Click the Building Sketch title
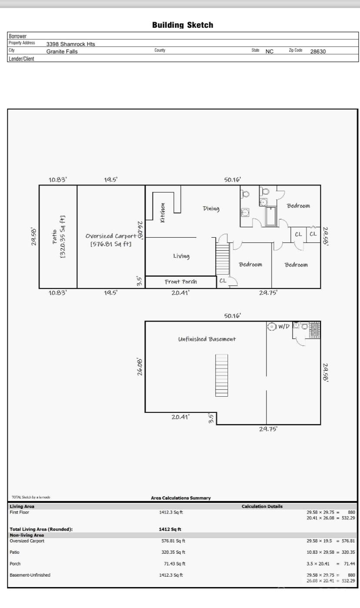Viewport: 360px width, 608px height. (183, 25)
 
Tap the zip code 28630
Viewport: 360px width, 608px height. (318, 51)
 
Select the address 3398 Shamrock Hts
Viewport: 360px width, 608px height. (70, 44)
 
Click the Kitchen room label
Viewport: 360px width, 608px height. (163, 213)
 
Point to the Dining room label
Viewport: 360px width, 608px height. (211, 209)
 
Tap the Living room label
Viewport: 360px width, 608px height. (181, 256)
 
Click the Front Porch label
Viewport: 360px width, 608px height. (180, 282)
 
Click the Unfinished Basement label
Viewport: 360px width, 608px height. (207, 339)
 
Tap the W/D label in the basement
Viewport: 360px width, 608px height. (283, 326)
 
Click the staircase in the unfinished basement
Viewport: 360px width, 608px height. (221, 375)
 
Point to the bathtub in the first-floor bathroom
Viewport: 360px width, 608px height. (271, 216)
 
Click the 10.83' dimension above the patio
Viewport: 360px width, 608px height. (57, 179)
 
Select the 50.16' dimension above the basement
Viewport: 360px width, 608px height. (233, 316)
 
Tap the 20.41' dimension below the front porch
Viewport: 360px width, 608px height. (180, 293)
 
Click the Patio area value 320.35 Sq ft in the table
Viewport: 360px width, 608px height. (173, 552)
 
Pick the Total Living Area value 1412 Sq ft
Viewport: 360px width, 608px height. (170, 529)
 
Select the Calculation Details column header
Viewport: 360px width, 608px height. (262, 506)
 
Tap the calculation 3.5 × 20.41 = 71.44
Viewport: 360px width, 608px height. (330, 564)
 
